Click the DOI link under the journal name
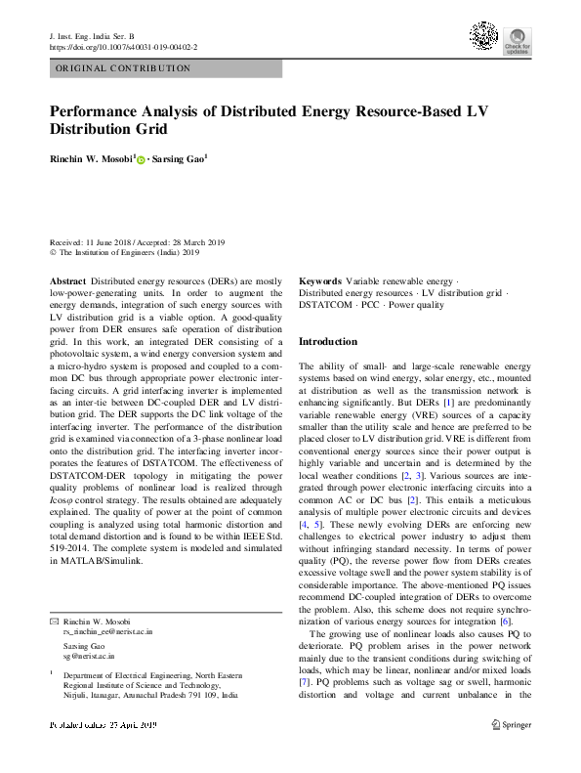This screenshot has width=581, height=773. tap(122, 46)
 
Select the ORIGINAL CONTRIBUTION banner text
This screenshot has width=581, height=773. tap(123, 69)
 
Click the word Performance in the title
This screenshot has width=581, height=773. tap(101, 110)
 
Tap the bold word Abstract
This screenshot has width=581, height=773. tap(67, 280)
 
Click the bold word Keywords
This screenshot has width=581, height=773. tap(319, 280)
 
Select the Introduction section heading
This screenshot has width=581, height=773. tap(327, 342)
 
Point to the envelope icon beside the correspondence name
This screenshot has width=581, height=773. tap(54, 623)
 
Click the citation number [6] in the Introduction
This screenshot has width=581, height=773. tap(505, 622)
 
